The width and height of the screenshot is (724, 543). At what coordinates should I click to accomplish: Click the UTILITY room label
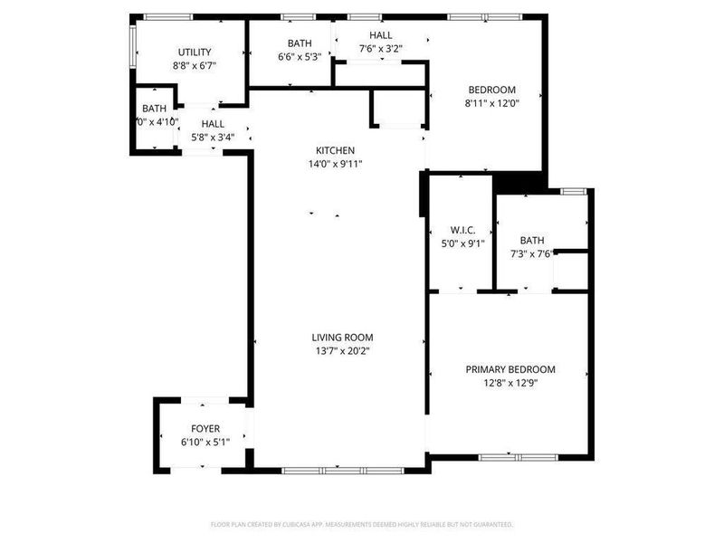point(195,52)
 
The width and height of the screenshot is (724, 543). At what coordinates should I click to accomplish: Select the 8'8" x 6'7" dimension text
point(195,65)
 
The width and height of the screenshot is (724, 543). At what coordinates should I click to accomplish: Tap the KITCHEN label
point(335,150)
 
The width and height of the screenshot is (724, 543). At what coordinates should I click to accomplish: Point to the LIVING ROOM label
point(341,337)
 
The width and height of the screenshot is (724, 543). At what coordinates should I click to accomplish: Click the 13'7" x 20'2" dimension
point(341,350)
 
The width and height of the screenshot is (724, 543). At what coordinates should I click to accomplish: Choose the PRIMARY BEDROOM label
point(510,369)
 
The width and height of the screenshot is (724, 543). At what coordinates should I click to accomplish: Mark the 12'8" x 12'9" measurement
point(510,382)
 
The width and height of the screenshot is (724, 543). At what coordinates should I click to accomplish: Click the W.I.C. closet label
point(463,230)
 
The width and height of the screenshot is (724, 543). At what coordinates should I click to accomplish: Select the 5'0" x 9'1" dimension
point(463,243)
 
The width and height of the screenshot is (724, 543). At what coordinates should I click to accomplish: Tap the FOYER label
point(205,428)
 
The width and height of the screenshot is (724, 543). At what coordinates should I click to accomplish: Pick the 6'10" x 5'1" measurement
point(205,442)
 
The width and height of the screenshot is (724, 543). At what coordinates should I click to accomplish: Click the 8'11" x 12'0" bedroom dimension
point(491,103)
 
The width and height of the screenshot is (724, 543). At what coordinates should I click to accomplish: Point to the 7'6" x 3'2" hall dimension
point(380,49)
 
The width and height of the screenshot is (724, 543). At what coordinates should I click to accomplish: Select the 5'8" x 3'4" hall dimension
point(213,138)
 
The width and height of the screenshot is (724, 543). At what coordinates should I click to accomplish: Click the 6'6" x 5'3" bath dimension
point(300,56)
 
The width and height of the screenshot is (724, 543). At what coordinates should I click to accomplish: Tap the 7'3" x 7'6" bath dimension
point(532,253)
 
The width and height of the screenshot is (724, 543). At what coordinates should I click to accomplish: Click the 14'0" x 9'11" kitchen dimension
point(335,164)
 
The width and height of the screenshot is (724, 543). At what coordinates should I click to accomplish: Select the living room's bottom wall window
point(337,471)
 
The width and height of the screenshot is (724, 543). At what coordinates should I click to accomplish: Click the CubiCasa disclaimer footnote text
point(362,524)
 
